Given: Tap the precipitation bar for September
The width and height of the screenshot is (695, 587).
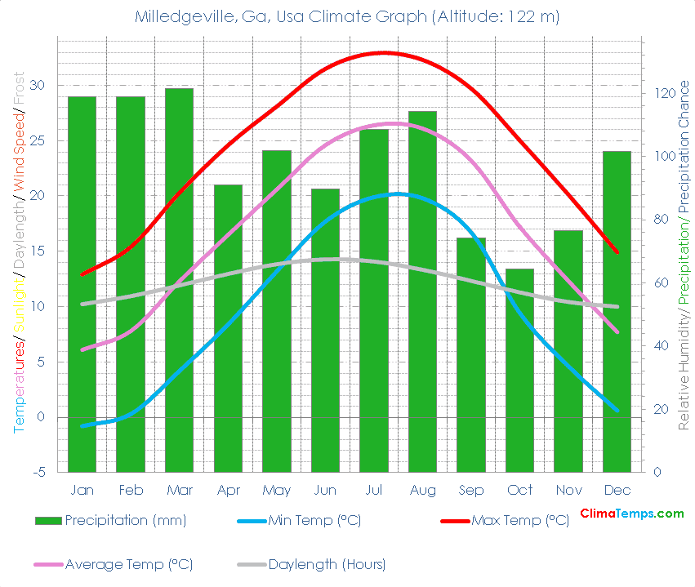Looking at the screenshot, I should pyautogui.click(x=471, y=354).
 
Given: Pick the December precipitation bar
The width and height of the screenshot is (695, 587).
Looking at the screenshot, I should pyautogui.click(x=617, y=311).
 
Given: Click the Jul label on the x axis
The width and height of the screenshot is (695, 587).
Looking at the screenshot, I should pyautogui.click(x=374, y=490).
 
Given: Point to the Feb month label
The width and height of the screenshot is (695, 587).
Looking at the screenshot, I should pyautogui.click(x=131, y=490).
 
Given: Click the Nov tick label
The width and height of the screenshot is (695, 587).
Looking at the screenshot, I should pyautogui.click(x=568, y=490).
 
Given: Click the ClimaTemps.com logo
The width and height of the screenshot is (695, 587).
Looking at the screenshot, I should pyautogui.click(x=631, y=514).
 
